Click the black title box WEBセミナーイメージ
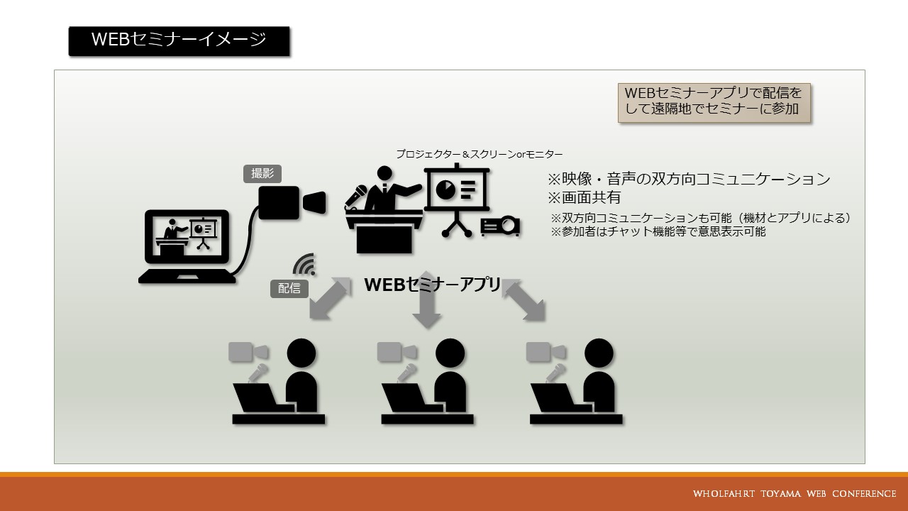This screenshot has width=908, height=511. pos(179,41)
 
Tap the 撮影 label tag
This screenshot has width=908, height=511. pos(262,174)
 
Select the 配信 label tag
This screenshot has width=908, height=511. pos(289,288)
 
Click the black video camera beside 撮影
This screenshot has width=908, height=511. pos(292,203)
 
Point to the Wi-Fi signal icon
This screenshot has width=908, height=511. pos(304,265)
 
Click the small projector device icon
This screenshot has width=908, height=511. pos(500,226)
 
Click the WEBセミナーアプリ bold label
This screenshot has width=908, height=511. pos(432,285)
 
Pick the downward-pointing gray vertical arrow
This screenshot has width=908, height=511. pos(426,300)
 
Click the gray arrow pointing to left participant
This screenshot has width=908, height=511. pos(330,298)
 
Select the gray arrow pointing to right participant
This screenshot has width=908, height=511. pos(524,300)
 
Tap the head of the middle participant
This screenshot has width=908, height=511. pos(450,353)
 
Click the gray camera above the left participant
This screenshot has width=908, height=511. pos(248,352)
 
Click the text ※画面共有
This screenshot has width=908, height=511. pos(584,197)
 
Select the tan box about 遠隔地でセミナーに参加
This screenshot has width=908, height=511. pos(714,103)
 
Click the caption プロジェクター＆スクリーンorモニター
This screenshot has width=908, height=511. pos(479,154)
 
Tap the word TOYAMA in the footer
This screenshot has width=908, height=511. pos(781,493)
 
